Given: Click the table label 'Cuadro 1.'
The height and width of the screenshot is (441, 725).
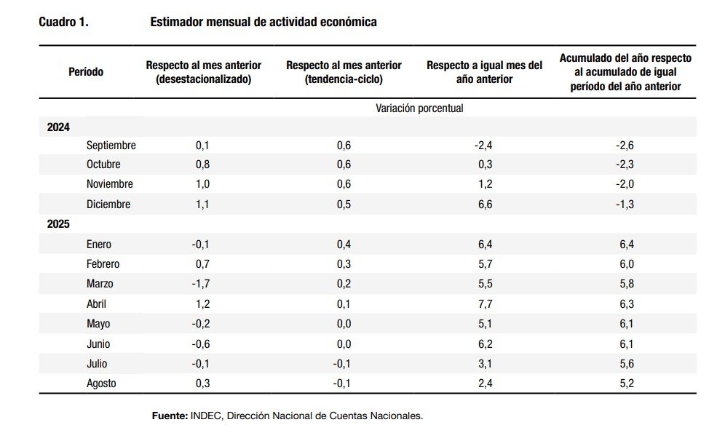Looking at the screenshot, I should (x=63, y=23).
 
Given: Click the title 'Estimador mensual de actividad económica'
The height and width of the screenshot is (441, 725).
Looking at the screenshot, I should (x=263, y=23).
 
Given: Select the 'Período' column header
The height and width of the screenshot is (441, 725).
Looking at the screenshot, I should (x=86, y=72).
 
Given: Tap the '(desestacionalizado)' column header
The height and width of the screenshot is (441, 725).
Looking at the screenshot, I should (x=203, y=79).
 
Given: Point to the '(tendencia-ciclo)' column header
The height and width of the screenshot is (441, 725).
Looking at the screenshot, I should (x=344, y=79).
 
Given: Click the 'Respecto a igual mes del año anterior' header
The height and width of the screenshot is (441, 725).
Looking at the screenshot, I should (x=484, y=72).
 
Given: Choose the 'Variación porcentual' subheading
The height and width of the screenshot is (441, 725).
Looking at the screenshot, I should (x=419, y=108).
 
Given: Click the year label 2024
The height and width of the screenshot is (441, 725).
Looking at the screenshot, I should (x=58, y=127).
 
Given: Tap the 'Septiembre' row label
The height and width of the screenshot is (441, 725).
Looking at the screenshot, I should (x=111, y=146).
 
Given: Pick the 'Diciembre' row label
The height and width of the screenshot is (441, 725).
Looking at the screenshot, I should (x=108, y=204).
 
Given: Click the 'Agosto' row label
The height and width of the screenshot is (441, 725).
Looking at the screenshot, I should (x=101, y=383).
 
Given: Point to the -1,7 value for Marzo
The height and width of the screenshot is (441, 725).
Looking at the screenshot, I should (x=202, y=284).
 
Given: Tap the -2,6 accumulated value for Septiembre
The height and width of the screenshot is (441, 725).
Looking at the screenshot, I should (x=625, y=146).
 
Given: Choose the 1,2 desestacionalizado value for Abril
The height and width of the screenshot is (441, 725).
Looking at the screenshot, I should (x=202, y=303).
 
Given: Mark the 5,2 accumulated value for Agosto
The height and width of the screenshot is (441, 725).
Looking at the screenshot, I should (x=626, y=383).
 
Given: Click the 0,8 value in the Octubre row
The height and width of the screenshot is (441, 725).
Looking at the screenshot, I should (x=202, y=165).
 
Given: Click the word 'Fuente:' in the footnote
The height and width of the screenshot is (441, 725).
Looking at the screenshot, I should (x=169, y=416).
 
